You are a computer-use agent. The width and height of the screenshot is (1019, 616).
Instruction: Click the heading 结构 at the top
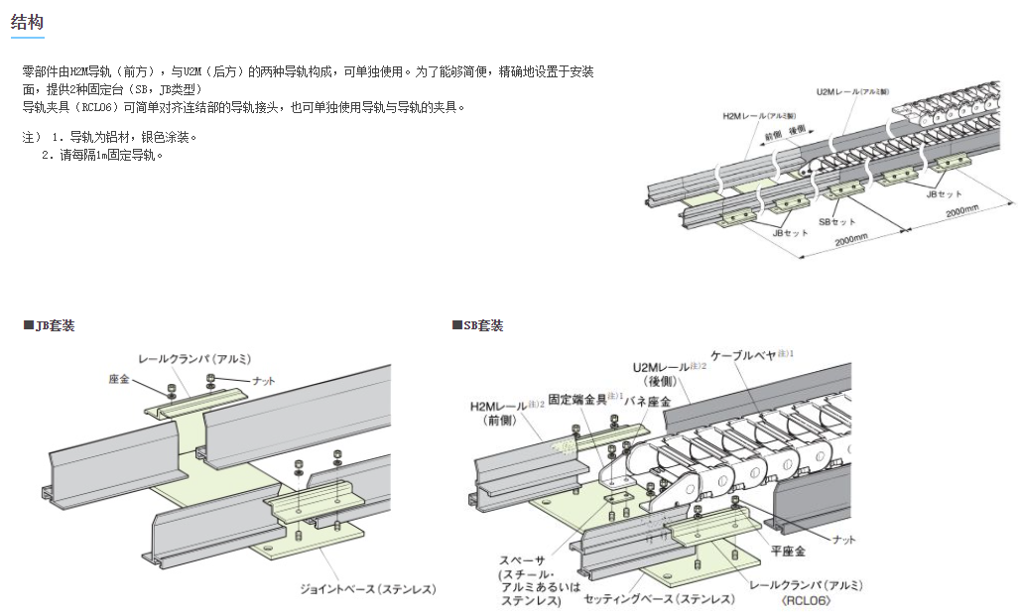click(28, 21)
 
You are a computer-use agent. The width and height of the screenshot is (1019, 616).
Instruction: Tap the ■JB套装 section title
click(50, 325)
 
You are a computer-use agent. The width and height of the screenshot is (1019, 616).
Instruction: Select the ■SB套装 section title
click(477, 325)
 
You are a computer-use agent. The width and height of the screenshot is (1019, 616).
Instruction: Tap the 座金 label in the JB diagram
click(121, 380)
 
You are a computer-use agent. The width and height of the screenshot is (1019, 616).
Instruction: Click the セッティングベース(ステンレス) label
click(660, 600)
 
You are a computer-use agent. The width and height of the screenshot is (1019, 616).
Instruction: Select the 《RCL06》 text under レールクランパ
click(806, 600)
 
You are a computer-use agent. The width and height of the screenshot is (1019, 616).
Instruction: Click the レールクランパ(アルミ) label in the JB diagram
click(194, 358)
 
